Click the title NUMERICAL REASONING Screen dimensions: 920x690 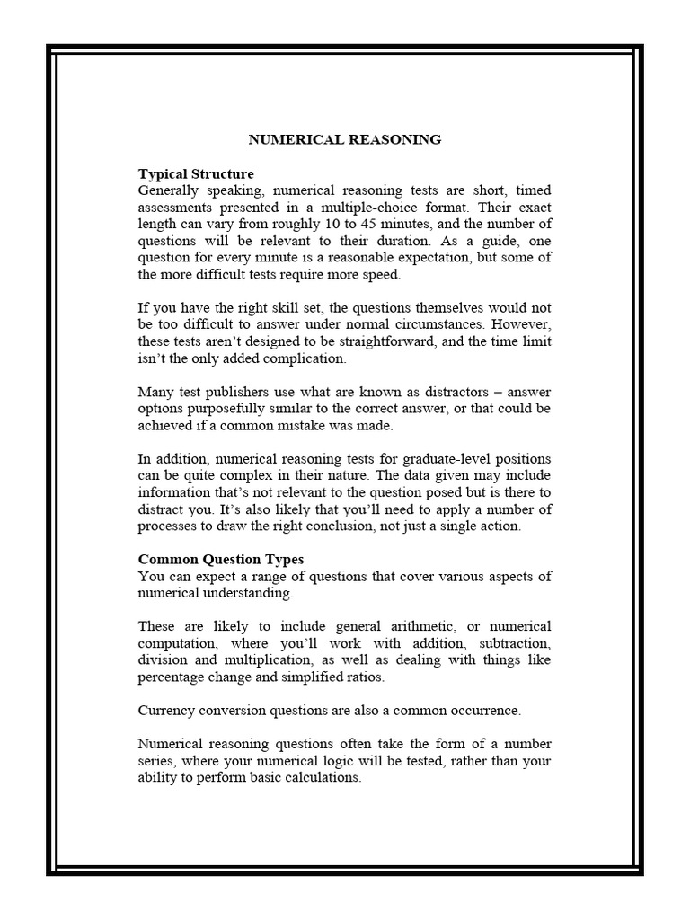click(345, 139)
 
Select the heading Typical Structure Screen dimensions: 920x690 click(196, 173)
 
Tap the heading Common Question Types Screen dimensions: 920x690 click(220, 559)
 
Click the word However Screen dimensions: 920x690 click(520, 324)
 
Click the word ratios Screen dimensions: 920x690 click(361, 677)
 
